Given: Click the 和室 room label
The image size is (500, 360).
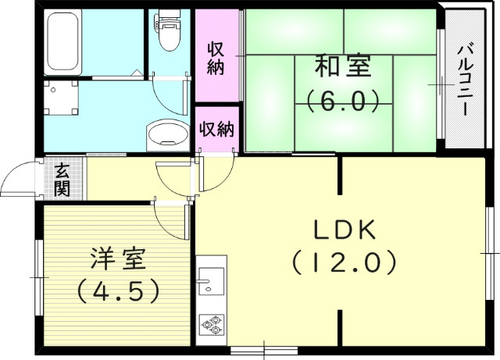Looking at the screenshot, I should tap(342, 67).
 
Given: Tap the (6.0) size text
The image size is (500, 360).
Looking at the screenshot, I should tap(342, 101).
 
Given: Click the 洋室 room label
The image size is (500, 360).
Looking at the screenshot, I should tap(117, 258).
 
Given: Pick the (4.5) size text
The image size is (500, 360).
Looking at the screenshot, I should tap(117, 290).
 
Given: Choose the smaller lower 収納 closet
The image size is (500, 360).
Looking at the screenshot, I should tap(216, 129).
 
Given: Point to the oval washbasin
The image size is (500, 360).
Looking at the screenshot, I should tap(167, 134).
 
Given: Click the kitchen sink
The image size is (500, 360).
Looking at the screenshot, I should tap(210, 280).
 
